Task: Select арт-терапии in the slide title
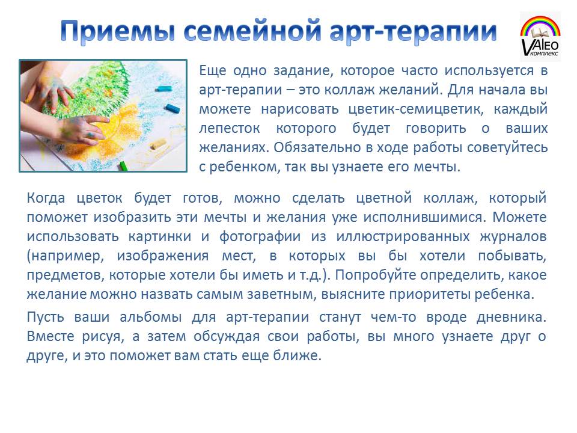[413, 32]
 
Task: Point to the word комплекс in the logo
[545, 54]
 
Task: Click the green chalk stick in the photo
[123, 166]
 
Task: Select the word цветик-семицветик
[416, 109]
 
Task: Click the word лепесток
[230, 129]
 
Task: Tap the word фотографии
[260, 236]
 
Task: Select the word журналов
[513, 236]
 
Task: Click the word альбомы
[151, 317]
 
